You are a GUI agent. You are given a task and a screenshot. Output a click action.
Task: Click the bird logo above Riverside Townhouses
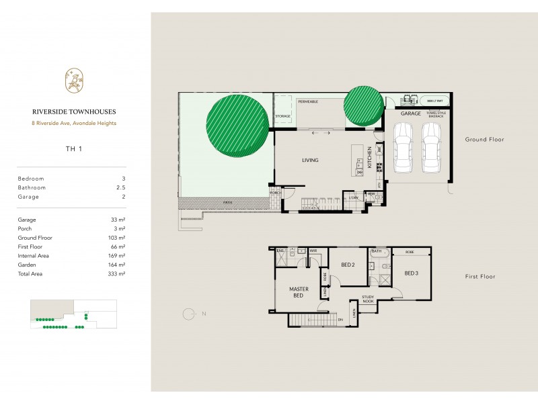point(72,81)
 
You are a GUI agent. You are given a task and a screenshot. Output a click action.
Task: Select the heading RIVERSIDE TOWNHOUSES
point(71,113)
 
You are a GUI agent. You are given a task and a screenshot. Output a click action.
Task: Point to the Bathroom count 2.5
point(121,187)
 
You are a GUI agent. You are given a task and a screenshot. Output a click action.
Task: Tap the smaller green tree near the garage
point(363,106)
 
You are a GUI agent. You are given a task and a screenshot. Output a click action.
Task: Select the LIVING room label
point(310,160)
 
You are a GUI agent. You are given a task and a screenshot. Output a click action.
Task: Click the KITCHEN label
point(369,160)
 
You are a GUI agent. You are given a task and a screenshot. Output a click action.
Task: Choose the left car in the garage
point(404,148)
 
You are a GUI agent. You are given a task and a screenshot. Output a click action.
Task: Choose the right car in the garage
point(432,148)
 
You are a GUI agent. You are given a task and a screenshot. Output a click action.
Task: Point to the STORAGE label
point(282,117)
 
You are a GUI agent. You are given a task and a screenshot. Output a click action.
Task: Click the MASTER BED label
point(299,292)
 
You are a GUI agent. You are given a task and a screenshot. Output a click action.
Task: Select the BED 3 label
point(412,273)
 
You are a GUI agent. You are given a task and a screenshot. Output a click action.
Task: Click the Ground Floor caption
point(484,140)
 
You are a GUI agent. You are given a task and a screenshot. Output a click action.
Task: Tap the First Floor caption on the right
point(480,277)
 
